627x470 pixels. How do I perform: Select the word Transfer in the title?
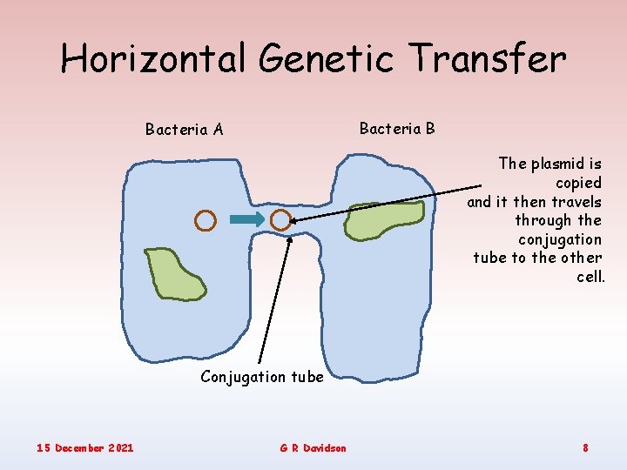(x=489, y=59)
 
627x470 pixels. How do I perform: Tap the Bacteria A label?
(x=184, y=130)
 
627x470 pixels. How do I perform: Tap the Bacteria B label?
(x=397, y=129)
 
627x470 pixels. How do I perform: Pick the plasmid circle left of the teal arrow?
(x=205, y=220)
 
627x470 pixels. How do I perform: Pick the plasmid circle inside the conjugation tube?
(x=280, y=220)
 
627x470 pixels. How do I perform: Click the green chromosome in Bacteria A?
(x=174, y=273)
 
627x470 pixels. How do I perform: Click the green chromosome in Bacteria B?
(x=384, y=220)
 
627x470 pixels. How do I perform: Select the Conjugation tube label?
(x=261, y=377)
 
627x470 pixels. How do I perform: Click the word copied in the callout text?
(x=578, y=183)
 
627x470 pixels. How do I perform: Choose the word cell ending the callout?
(x=589, y=277)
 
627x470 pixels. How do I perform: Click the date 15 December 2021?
(x=85, y=447)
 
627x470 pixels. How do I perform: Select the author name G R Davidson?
(x=313, y=447)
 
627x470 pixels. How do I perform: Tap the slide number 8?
(x=585, y=447)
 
